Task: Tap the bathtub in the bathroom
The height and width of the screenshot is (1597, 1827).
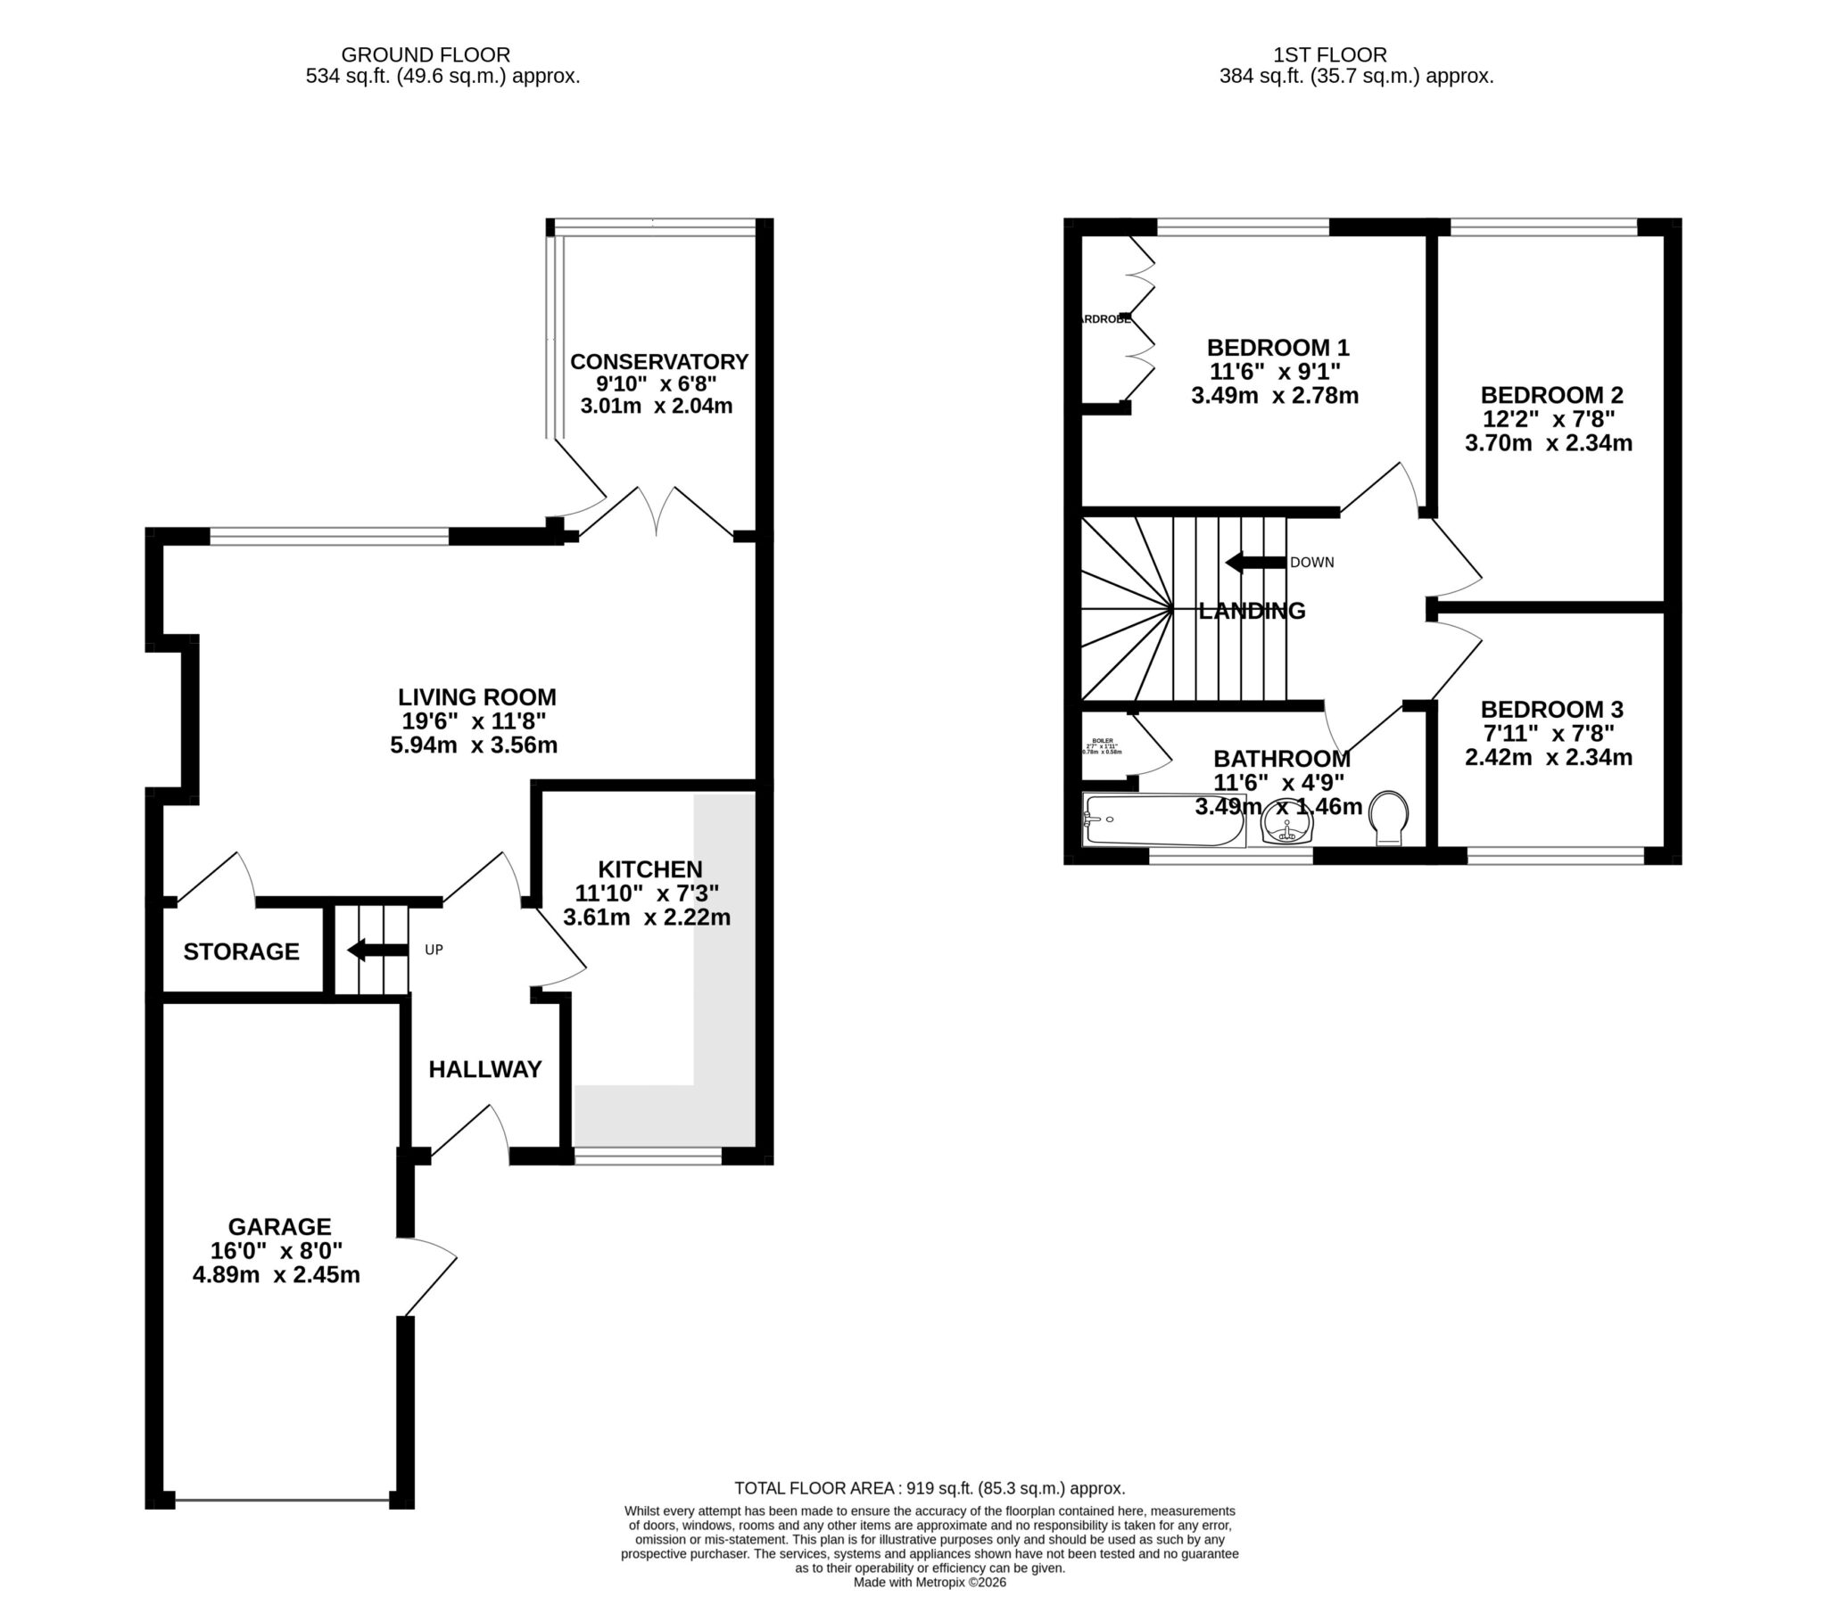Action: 1163,821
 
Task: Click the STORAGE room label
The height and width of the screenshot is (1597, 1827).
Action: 241,951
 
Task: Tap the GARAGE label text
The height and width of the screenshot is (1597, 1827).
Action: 279,1227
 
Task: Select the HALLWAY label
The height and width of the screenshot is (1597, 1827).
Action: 484,1069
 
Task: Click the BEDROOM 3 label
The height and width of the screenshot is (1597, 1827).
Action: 1551,710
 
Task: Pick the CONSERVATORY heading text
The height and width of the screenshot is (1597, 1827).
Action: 658,361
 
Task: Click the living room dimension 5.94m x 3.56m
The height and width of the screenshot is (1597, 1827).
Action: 474,745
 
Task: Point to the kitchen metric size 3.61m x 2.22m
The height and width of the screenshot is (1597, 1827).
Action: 647,918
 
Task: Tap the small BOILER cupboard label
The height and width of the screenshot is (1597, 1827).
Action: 1103,741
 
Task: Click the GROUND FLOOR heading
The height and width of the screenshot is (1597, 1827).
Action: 426,55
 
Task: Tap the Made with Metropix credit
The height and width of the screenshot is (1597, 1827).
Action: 930,1583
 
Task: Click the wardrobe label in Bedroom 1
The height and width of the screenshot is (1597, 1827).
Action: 1104,318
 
